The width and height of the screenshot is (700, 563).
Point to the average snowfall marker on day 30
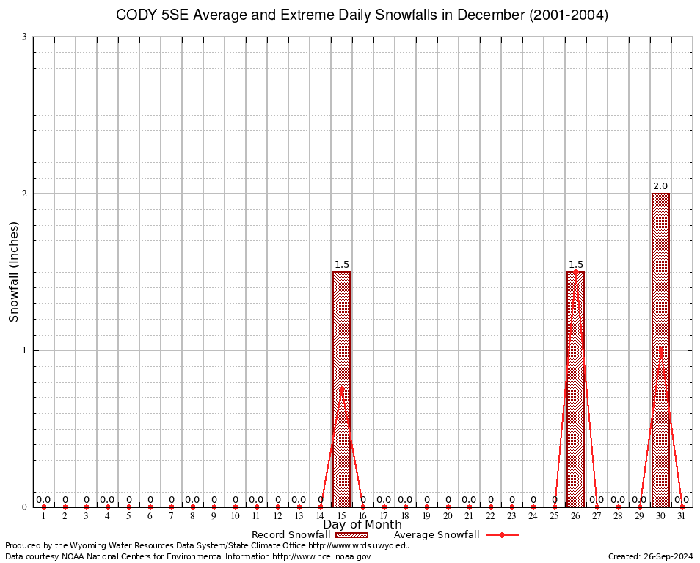point(660,350)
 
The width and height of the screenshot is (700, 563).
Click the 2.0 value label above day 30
point(660,186)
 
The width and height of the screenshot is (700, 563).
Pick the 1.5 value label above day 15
point(341,265)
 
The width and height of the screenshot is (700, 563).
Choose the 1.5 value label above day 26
point(575,265)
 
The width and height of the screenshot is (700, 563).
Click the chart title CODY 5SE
point(362,15)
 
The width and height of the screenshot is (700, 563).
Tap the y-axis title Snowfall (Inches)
point(13,272)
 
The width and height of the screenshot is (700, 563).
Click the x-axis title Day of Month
point(362,524)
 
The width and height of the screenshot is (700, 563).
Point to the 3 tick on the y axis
point(25,37)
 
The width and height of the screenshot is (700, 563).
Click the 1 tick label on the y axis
point(25,350)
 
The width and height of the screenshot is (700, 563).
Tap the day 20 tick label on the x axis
point(448,516)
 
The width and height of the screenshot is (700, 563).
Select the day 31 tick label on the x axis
point(682,516)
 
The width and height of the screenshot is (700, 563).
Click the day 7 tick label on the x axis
point(171,516)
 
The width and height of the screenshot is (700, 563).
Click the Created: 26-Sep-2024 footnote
point(650,556)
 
